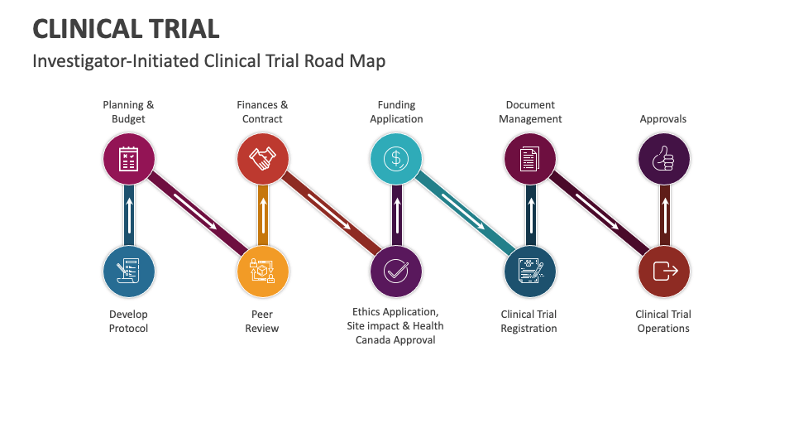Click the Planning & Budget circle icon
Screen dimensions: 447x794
pyautogui.click(x=128, y=158)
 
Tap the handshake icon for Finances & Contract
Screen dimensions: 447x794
pyautogui.click(x=263, y=158)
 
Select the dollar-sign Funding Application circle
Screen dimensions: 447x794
pyautogui.click(x=396, y=158)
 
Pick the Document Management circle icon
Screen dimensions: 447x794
pyautogui.click(x=530, y=158)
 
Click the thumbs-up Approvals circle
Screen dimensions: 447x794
pyautogui.click(x=663, y=158)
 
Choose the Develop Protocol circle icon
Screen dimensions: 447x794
pyautogui.click(x=128, y=272)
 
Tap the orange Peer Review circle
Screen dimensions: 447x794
pyautogui.click(x=263, y=272)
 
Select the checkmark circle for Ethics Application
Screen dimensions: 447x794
pyautogui.click(x=396, y=272)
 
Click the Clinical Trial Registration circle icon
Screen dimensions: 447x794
pyautogui.click(x=530, y=272)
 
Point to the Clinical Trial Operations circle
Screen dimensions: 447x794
pyautogui.click(x=663, y=272)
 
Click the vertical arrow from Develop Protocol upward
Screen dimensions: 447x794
pyautogui.click(x=128, y=214)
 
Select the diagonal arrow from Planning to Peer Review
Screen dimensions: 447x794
pyautogui.click(x=196, y=211)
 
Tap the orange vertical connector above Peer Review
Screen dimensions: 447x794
pyautogui.click(x=263, y=214)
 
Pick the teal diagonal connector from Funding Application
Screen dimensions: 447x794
pyautogui.click(x=463, y=211)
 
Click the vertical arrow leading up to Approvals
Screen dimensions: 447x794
pyautogui.click(x=663, y=214)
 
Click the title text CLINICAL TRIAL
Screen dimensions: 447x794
pyautogui.click(x=126, y=29)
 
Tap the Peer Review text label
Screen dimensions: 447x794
pyautogui.click(x=262, y=321)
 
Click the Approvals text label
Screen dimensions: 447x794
pyautogui.click(x=663, y=119)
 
